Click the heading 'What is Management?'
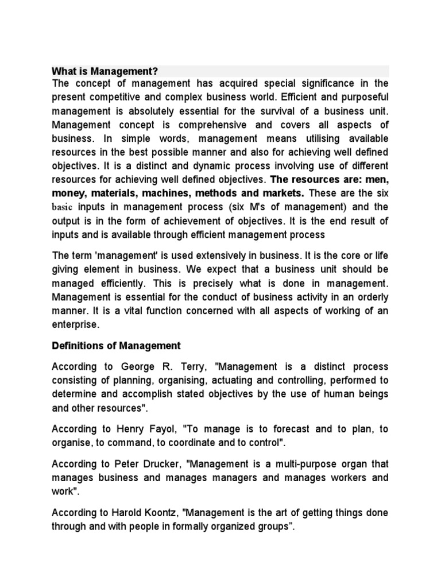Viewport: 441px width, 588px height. click(x=105, y=72)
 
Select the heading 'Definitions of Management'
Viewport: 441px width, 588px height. click(x=116, y=346)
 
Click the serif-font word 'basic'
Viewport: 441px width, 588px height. click(x=64, y=207)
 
